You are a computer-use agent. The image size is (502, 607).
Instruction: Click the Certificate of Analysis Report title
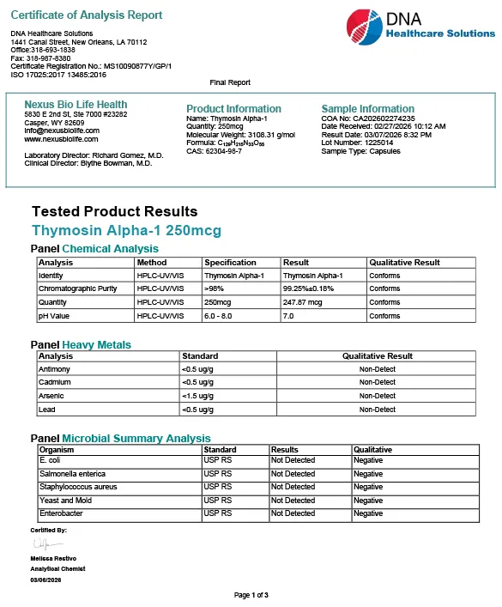pyautogui.click(x=86, y=15)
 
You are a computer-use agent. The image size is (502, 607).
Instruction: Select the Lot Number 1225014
pyautogui.click(x=366, y=143)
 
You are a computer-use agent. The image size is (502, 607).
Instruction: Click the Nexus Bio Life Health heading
pyautogui.click(x=76, y=105)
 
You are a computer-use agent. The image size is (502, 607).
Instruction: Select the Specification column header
pyautogui.click(x=230, y=263)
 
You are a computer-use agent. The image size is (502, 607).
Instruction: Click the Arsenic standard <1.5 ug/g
pyautogui.click(x=198, y=396)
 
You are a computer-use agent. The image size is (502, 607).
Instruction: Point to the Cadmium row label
pyautogui.click(x=54, y=382)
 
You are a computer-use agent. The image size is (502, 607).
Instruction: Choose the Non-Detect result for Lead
pyautogui.click(x=378, y=410)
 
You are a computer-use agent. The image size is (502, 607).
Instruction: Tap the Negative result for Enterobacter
pyautogui.click(x=368, y=513)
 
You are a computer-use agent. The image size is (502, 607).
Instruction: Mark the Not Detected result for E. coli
pyautogui.click(x=293, y=460)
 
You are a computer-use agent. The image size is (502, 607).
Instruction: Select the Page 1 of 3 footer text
pyautogui.click(x=251, y=595)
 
